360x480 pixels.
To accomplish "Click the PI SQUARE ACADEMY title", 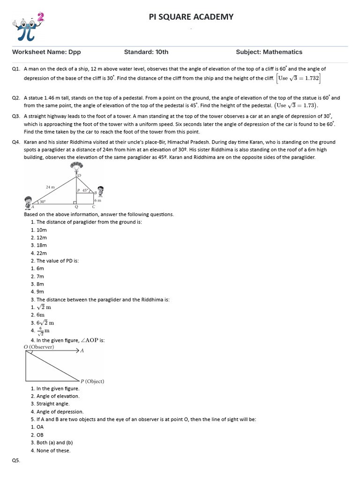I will tap(191, 17).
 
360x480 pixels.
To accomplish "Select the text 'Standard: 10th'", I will tap(146, 52).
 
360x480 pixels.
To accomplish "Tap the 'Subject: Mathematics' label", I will tap(269, 52).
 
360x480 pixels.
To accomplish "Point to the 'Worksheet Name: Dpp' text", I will tap(43, 52).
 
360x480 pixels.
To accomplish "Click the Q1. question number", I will tap(16, 69).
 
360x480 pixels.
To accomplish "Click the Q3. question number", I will tap(16, 116).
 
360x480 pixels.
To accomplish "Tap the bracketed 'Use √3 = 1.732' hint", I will tap(299, 78).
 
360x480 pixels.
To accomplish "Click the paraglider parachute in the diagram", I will tap(78, 167).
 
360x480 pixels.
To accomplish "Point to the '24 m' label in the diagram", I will tap(50, 187).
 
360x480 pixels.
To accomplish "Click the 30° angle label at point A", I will tap(42, 202).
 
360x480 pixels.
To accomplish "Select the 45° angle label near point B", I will tap(85, 190).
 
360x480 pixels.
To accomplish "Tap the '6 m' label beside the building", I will tap(97, 200).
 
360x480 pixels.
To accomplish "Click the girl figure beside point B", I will tap(100, 190).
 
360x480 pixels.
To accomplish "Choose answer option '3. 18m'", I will tap(39, 245).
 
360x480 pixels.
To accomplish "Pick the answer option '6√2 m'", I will tap(42, 322).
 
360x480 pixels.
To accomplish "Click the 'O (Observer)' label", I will tap(39, 347).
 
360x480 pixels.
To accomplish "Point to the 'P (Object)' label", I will tap(92, 381).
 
